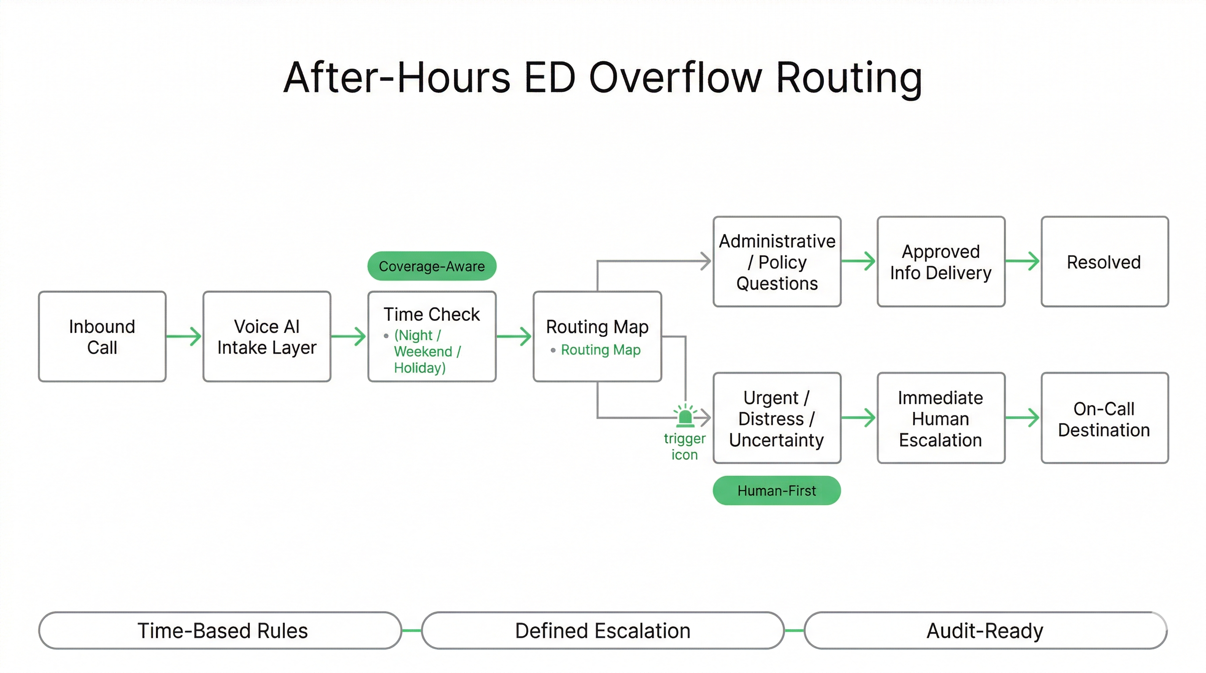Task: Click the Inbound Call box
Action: (x=102, y=336)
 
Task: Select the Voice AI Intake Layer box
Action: (x=267, y=336)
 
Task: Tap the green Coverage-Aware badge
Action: (x=432, y=266)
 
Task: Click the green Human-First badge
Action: (x=777, y=490)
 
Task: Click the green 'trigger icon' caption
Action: (x=685, y=446)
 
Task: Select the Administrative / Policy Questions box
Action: (x=777, y=262)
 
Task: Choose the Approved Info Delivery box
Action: (x=941, y=262)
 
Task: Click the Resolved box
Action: (x=1104, y=262)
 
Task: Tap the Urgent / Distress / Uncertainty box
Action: (x=777, y=418)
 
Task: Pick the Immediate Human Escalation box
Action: (x=941, y=418)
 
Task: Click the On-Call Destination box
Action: (x=1104, y=418)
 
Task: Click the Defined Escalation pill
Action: (x=603, y=630)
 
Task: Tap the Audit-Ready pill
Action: (x=985, y=630)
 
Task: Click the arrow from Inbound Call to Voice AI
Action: (x=184, y=336)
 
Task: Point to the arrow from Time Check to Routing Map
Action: (x=514, y=336)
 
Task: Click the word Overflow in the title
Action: (x=676, y=78)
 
